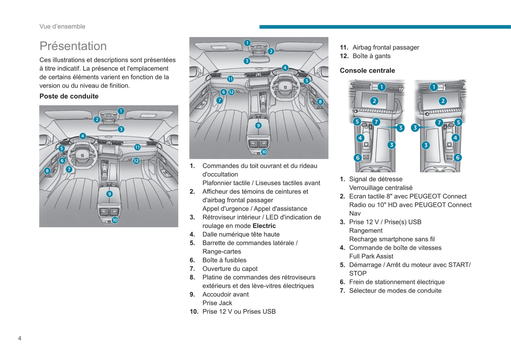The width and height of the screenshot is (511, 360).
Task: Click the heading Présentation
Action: click(x=73, y=46)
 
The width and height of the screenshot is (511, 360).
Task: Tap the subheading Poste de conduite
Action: click(x=69, y=96)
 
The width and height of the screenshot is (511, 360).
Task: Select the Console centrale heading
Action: click(x=367, y=70)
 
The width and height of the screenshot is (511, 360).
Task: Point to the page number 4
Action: click(x=20, y=338)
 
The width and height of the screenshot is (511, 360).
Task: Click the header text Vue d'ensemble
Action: click(x=62, y=26)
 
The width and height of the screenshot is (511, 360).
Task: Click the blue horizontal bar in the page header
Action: click(x=385, y=27)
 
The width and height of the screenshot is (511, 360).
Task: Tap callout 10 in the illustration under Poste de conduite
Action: click(x=115, y=220)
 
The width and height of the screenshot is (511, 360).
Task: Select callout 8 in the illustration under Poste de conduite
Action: click(x=47, y=171)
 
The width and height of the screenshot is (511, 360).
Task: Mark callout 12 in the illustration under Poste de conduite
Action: click(x=136, y=161)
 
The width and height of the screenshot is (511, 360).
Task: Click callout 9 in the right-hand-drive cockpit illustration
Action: click(x=259, y=125)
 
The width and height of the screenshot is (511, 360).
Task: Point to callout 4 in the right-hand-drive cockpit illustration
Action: click(x=285, y=68)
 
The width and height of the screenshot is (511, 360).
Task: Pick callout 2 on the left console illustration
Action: click(x=374, y=101)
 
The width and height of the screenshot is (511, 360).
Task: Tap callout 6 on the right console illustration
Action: click(x=458, y=158)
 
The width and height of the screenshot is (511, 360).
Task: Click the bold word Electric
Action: click(x=264, y=226)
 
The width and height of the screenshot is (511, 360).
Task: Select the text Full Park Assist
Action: click(x=371, y=256)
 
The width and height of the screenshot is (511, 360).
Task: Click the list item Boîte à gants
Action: click(x=371, y=56)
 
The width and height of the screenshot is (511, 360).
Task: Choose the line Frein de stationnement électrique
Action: click(x=397, y=282)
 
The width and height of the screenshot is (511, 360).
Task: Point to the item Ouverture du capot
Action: click(x=230, y=268)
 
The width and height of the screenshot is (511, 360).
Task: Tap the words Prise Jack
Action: click(x=217, y=303)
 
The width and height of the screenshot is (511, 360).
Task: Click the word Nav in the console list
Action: click(x=355, y=213)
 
